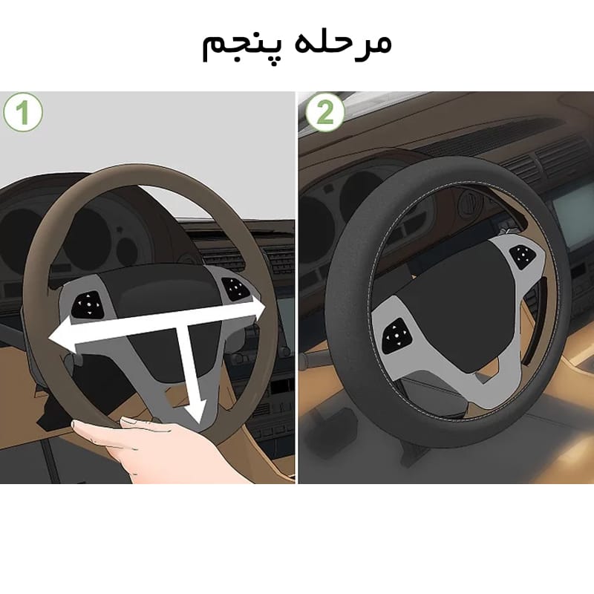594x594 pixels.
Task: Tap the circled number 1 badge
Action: pyautogui.click(x=23, y=113)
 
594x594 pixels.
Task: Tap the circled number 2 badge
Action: pyautogui.click(x=324, y=112)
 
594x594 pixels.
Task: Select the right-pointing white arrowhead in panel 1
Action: pyautogui.click(x=254, y=307)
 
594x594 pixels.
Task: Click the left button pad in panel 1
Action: pyautogui.click(x=88, y=304)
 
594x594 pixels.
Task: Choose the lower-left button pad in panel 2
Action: pyautogui.click(x=396, y=336)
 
